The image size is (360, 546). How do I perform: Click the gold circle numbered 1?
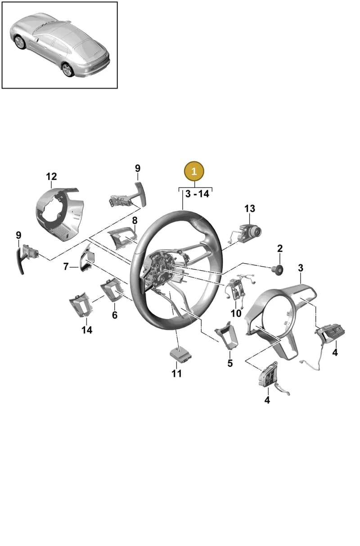click(194, 171)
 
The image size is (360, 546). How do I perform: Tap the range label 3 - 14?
click(197, 194)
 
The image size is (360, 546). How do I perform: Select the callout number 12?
click(51, 176)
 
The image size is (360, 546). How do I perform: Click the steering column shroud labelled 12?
click(60, 214)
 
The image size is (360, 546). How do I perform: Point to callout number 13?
click(250, 209)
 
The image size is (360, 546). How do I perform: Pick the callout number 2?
click(280, 248)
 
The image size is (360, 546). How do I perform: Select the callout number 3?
click(301, 268)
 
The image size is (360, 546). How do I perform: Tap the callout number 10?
click(236, 313)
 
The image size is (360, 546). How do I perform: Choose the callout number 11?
click(176, 373)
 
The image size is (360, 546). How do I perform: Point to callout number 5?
click(230, 363)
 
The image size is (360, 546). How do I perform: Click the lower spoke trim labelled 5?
click(227, 335)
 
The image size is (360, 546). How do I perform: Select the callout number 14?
click(87, 330)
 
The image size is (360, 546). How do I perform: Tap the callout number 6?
click(115, 315)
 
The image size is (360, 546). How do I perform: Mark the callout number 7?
click(66, 266)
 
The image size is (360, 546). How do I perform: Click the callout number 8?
click(135, 220)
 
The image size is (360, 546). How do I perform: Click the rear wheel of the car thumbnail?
click(67, 70)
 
